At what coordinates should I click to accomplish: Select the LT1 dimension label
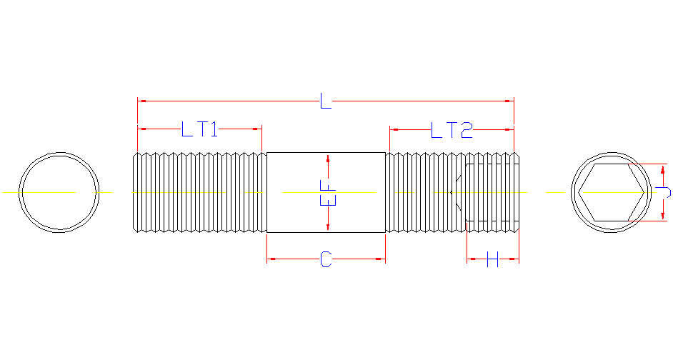click(199, 129)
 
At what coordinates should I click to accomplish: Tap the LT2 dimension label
click(452, 130)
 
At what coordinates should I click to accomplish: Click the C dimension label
click(326, 259)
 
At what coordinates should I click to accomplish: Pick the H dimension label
click(492, 259)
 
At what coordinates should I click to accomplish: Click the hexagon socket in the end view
click(604, 192)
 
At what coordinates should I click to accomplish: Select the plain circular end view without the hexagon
click(59, 192)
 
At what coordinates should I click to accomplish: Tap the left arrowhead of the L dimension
click(141, 101)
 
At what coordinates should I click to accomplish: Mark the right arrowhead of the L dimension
click(509, 101)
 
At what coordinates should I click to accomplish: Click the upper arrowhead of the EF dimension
click(328, 158)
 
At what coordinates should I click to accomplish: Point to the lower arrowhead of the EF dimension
click(328, 226)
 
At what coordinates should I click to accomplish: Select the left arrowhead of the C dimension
click(271, 259)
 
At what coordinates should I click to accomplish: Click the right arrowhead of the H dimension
click(514, 259)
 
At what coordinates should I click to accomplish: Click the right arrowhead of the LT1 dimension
click(257, 129)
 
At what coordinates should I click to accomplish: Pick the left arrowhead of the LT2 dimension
click(394, 129)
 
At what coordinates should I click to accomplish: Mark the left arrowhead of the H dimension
click(471, 259)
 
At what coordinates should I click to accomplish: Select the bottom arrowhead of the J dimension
click(664, 216)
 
